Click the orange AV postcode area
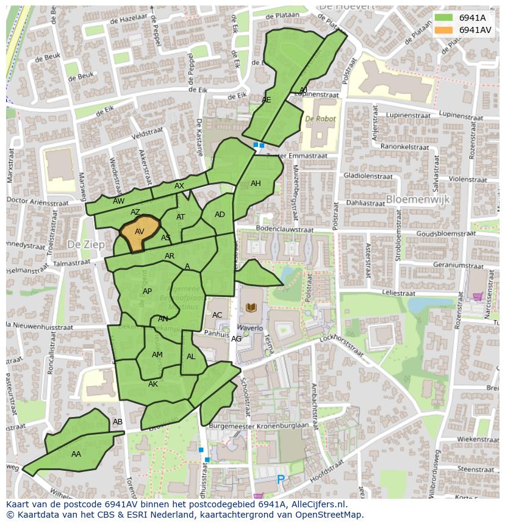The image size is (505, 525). [140, 232]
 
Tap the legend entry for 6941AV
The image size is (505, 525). [475, 30]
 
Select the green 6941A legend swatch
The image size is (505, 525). [443, 18]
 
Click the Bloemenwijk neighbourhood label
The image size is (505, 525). [417, 199]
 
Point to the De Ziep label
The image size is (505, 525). [82, 244]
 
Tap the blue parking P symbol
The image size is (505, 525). [281, 480]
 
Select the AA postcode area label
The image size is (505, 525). [76, 454]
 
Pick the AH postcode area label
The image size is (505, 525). [256, 184]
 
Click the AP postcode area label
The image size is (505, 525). [147, 291]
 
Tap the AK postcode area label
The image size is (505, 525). [153, 384]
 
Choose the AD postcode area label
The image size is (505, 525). [220, 215]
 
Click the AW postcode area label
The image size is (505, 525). [119, 201]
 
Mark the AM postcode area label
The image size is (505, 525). [157, 355]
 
